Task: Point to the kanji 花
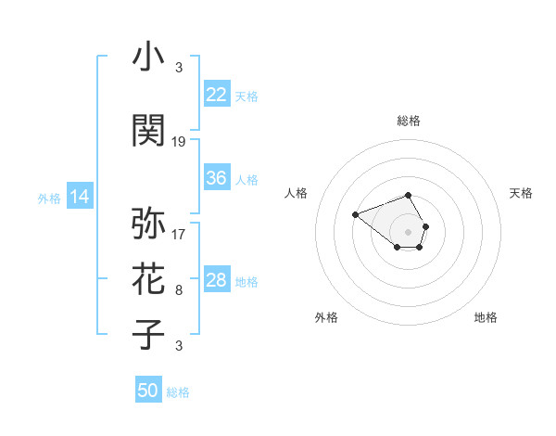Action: tap(149, 279)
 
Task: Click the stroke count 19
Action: tap(179, 142)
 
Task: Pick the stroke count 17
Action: tap(179, 234)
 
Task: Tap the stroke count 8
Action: tap(179, 290)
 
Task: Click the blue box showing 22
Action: tap(217, 94)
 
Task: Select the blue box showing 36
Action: tap(217, 178)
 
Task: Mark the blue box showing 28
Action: tap(217, 280)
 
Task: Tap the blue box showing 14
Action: tap(80, 197)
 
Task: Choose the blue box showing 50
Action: tap(148, 391)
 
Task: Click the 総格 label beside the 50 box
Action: tap(178, 392)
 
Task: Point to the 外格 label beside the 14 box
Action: tap(49, 198)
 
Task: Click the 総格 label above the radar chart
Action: tap(409, 121)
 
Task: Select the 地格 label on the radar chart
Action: tap(486, 318)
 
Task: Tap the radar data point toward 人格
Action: tap(356, 215)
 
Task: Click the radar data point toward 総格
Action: tap(409, 196)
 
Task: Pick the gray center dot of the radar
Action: tap(409, 231)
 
